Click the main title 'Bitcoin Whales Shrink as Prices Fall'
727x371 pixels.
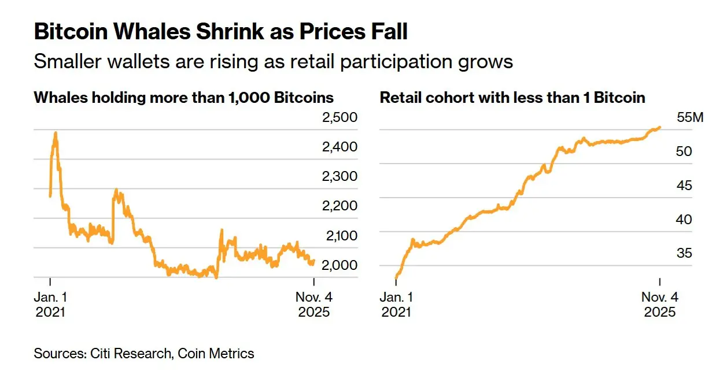click(220, 31)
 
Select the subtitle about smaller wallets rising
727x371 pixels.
click(273, 61)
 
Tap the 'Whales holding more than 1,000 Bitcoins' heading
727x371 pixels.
click(184, 97)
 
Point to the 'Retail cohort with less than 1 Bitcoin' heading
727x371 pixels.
click(512, 97)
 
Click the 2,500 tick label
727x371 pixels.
click(339, 117)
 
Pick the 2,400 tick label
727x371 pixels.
click(339, 147)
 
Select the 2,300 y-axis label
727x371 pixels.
click(339, 176)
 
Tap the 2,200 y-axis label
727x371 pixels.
click(339, 206)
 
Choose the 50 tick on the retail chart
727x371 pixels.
click(684, 151)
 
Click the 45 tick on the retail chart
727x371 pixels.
click(684, 185)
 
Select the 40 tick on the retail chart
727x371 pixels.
click(684, 220)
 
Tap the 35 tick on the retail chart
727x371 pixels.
click(684, 253)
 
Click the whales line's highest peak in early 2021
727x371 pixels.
click(56, 133)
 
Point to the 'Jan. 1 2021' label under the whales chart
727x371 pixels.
click(50, 305)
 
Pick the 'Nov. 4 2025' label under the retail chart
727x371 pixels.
click(660, 305)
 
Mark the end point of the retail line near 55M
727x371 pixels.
click(660, 127)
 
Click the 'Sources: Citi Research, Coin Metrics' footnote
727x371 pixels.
click(144, 353)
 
